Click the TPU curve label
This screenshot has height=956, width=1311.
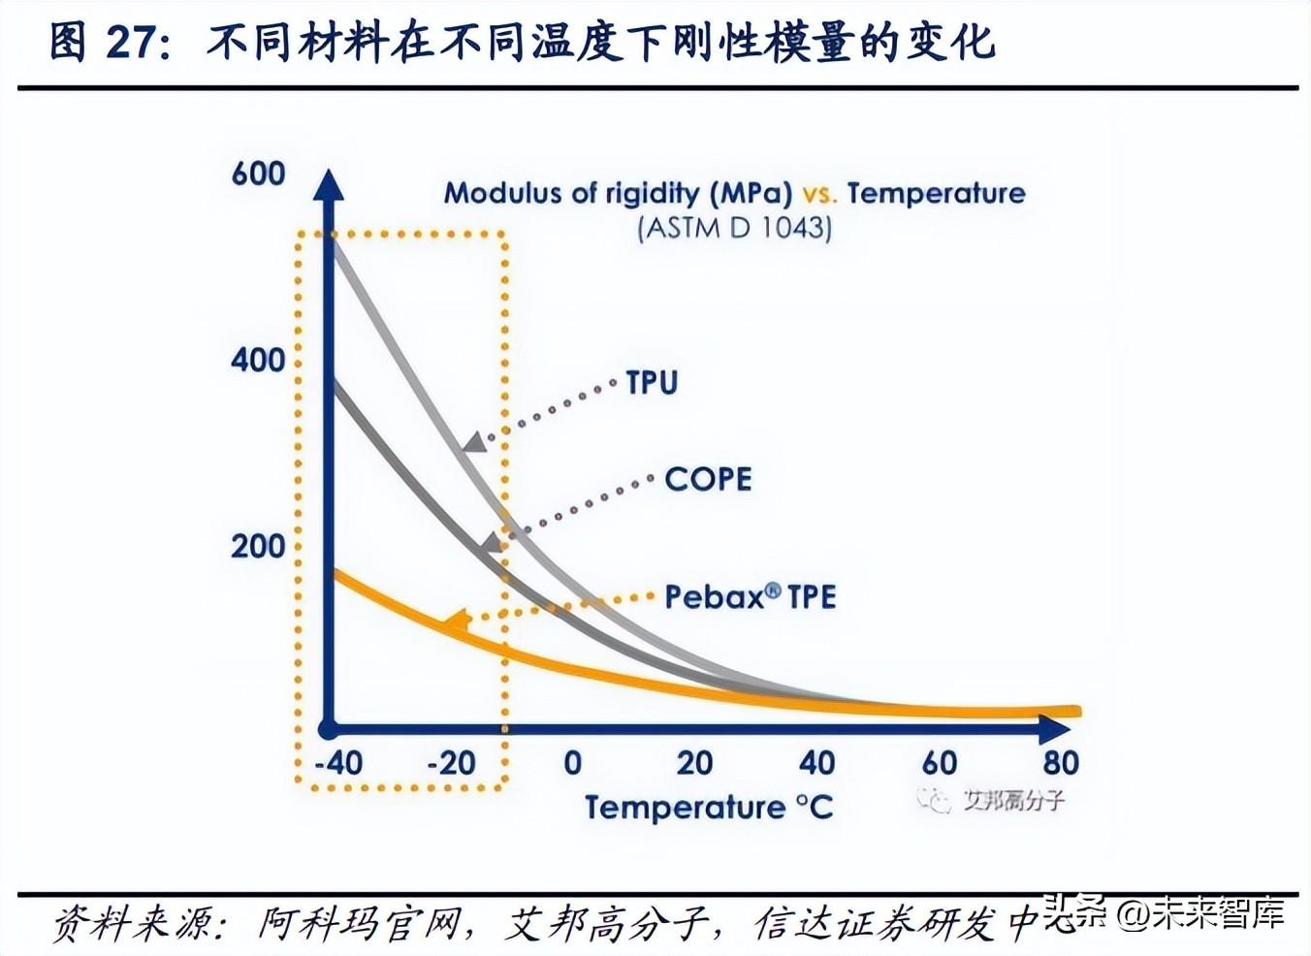coord(652,382)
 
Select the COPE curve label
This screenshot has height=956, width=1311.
coord(708,479)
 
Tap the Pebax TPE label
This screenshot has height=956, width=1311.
coord(750,596)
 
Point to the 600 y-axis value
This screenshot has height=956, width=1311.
coord(258,175)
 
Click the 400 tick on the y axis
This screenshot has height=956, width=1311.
coord(258,361)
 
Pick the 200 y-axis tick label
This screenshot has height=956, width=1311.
coord(258,547)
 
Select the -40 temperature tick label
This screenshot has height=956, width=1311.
coord(338,763)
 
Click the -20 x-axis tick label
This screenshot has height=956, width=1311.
coord(452,763)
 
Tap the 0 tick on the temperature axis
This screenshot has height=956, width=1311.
coord(572,763)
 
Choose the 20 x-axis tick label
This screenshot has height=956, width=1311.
coord(694,763)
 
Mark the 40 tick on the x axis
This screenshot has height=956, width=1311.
coord(816,763)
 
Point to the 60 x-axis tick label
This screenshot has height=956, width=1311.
coord(939,763)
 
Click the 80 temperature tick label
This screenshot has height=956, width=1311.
coord(1061,763)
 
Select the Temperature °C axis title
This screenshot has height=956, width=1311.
coord(709,808)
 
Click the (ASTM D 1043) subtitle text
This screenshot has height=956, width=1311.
coord(734,229)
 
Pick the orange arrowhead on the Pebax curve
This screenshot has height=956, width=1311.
coord(456,621)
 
